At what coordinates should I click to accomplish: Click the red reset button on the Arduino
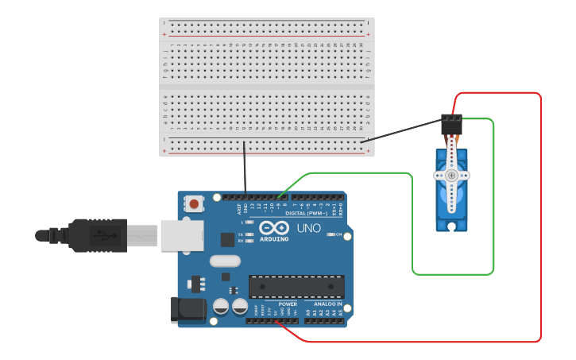pyautogui.click(x=194, y=204)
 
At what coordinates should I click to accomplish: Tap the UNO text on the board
pyautogui.click(x=308, y=229)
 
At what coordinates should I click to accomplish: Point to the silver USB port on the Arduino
pyautogui.click(x=182, y=235)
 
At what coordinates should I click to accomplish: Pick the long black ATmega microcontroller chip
pyautogui.click(x=296, y=287)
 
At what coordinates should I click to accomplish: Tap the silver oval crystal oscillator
pyautogui.click(x=225, y=261)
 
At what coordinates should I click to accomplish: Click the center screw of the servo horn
pyautogui.click(x=451, y=175)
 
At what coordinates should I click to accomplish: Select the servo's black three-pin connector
pyautogui.click(x=451, y=124)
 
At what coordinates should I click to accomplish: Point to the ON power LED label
pyautogui.click(x=339, y=235)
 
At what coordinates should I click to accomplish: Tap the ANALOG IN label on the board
pyautogui.click(x=328, y=304)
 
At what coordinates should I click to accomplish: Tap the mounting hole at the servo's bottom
pyautogui.click(x=451, y=226)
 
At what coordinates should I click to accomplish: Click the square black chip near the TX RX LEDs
pyautogui.click(x=227, y=238)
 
